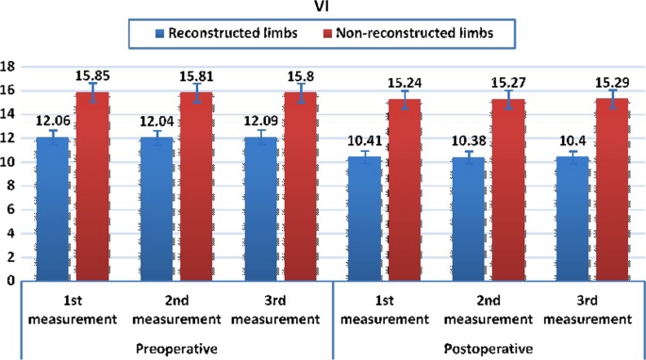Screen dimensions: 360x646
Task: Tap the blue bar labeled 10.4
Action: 576,219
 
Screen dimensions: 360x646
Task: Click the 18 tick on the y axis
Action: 9,66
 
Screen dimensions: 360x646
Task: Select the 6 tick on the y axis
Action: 9,209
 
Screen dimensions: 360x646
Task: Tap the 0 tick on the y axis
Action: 9,281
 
